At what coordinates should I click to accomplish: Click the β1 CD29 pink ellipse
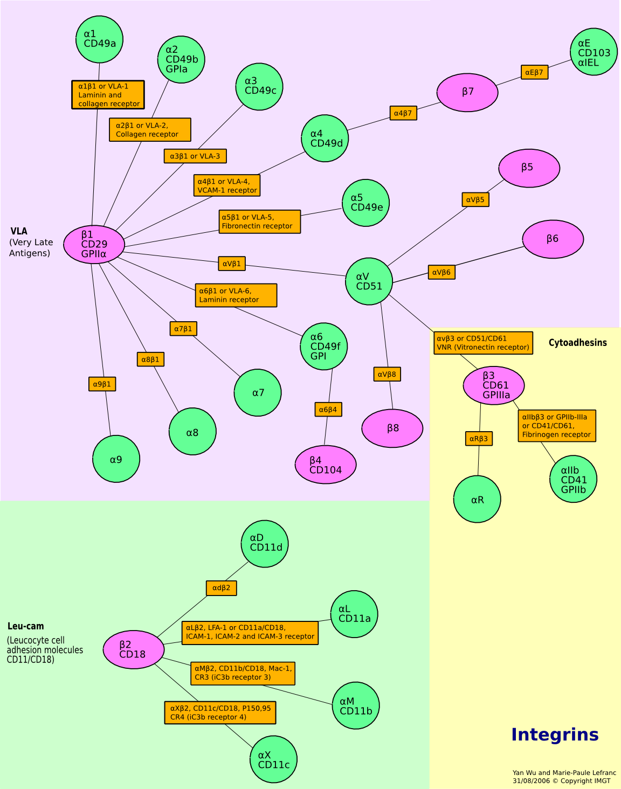tap(94, 244)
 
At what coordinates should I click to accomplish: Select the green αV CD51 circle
tap(369, 281)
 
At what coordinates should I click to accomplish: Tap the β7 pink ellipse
tap(467, 92)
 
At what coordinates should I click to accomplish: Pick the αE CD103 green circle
tap(594, 52)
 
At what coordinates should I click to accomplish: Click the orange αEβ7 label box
tap(534, 72)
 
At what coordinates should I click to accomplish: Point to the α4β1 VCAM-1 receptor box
tap(227, 185)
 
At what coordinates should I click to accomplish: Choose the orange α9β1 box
tap(102, 384)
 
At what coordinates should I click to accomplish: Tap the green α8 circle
tap(192, 432)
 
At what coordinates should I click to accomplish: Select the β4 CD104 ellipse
tap(326, 465)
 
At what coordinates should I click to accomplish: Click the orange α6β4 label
tap(328, 410)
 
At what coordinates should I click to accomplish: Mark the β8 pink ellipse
tap(392, 428)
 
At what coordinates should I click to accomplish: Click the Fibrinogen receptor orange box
tap(557, 426)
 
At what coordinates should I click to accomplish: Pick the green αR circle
tap(477, 499)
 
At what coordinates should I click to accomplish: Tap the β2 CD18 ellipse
tap(133, 649)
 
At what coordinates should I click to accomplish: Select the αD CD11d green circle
tap(265, 543)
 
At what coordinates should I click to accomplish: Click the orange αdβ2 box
tap(222, 588)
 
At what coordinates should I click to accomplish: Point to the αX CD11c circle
tap(273, 759)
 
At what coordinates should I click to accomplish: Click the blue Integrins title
tap(555, 735)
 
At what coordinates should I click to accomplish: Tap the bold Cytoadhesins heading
tap(577, 343)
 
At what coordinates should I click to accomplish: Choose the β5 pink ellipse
tap(529, 168)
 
